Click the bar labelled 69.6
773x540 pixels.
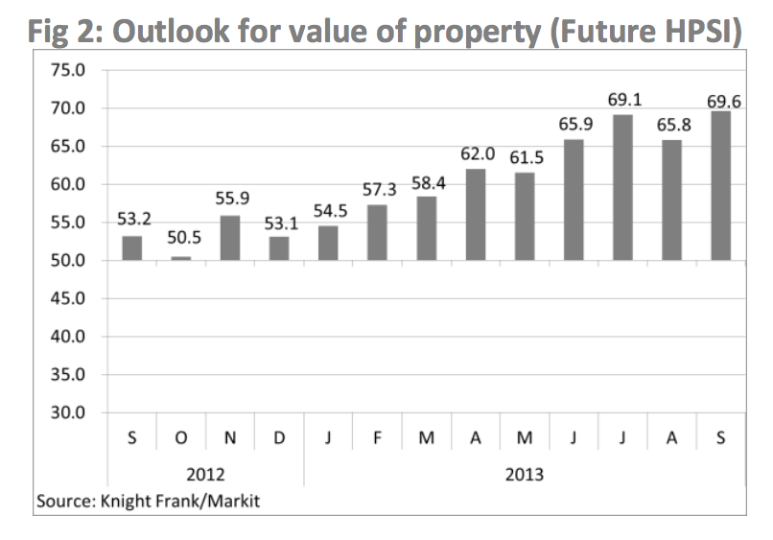click(x=720, y=185)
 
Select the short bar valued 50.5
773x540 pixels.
click(x=181, y=258)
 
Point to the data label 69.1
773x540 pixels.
click(x=623, y=99)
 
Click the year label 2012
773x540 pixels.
click(x=205, y=473)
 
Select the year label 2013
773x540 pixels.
click(x=524, y=473)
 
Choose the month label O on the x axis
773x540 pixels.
click(x=181, y=438)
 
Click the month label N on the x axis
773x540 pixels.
click(x=230, y=438)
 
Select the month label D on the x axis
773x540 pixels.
click(x=279, y=438)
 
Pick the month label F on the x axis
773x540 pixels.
click(x=377, y=438)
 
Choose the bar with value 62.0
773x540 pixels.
click(x=476, y=214)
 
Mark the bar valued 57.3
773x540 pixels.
click(x=377, y=232)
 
